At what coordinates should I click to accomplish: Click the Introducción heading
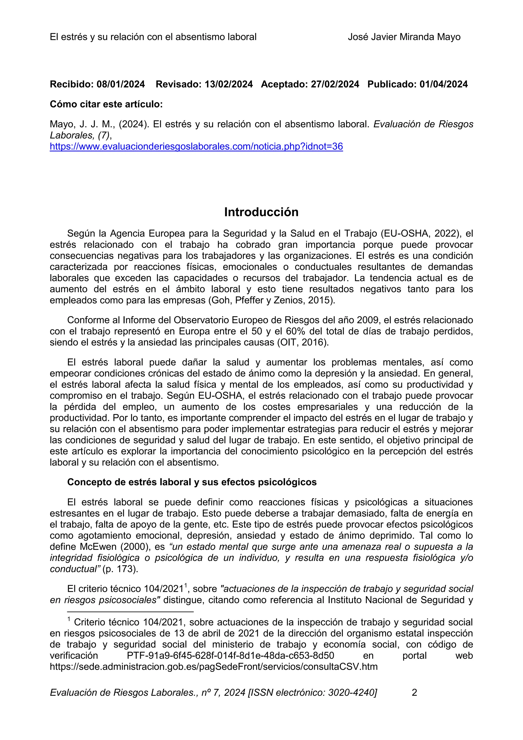tap(261, 212)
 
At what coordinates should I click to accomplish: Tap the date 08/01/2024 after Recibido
tap(121, 84)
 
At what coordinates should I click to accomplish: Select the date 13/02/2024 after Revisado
tap(229, 84)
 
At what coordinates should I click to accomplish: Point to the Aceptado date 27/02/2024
tap(335, 84)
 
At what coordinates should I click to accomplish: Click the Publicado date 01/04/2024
tap(444, 84)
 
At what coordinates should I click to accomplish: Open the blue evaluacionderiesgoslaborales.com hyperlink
tap(196, 147)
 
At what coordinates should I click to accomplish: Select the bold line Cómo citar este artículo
tap(106, 105)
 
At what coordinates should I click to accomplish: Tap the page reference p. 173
tap(120, 569)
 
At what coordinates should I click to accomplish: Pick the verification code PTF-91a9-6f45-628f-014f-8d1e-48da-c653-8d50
tap(230, 656)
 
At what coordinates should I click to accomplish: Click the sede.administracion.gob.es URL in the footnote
tap(213, 666)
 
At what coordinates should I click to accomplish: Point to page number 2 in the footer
tap(414, 692)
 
